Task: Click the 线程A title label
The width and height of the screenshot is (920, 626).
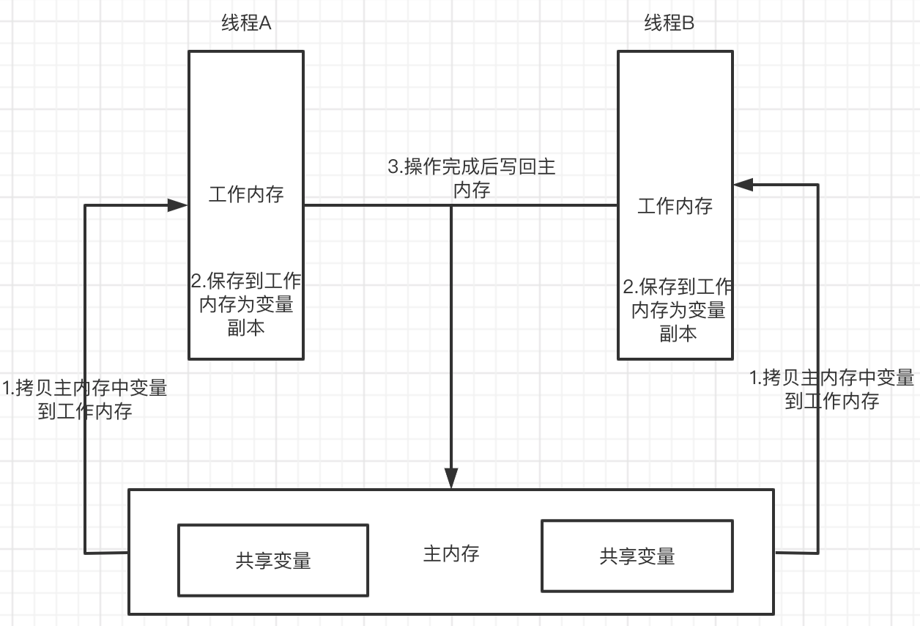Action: pyautogui.click(x=246, y=23)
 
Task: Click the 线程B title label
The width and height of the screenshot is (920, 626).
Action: pyautogui.click(x=669, y=23)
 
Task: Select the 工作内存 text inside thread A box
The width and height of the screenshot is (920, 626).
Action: pyautogui.click(x=246, y=194)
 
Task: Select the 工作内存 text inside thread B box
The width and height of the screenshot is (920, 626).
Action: pyautogui.click(x=675, y=206)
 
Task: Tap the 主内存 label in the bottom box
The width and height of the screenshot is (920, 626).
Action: pyautogui.click(x=451, y=553)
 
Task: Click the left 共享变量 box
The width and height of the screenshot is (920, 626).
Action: pyautogui.click(x=273, y=560)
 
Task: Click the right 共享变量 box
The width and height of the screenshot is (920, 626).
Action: pyautogui.click(x=637, y=556)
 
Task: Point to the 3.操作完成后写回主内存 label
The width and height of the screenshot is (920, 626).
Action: pyautogui.click(x=471, y=178)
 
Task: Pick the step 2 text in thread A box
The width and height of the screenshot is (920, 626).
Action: pyautogui.click(x=246, y=304)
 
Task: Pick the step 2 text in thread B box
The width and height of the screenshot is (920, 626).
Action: pyautogui.click(x=678, y=309)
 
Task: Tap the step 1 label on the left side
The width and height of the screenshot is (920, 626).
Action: pyautogui.click(x=85, y=399)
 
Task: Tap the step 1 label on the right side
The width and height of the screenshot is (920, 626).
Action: pyautogui.click(x=832, y=389)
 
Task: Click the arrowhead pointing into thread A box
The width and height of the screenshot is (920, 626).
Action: pyautogui.click(x=178, y=205)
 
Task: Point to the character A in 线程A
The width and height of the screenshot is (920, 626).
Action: pyautogui.click(x=265, y=23)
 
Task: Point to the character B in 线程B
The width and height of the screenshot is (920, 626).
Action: pyautogui.click(x=689, y=23)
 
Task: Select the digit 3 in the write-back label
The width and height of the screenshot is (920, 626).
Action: pyautogui.click(x=393, y=167)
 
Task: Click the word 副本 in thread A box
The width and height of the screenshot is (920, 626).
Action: pyautogui.click(x=246, y=328)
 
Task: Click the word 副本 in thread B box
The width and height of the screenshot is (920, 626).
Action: pyautogui.click(x=678, y=334)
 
